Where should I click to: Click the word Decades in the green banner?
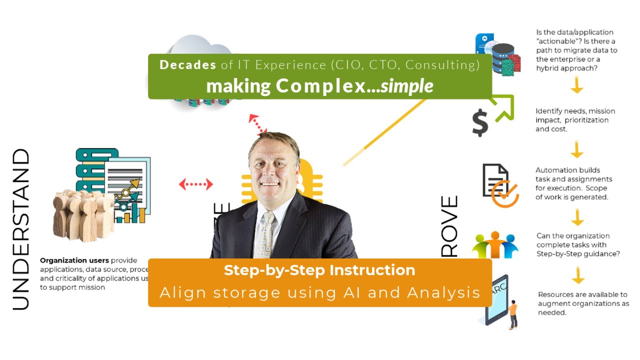click(x=187, y=65)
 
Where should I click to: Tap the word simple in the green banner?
click(x=406, y=86)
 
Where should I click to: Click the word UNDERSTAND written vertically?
click(x=20, y=229)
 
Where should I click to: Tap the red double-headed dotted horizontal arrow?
click(x=196, y=184)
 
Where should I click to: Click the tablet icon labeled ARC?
click(x=497, y=300)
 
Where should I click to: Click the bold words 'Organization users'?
click(x=74, y=260)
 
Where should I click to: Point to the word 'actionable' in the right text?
click(x=557, y=41)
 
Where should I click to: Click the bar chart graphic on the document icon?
click(x=129, y=212)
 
